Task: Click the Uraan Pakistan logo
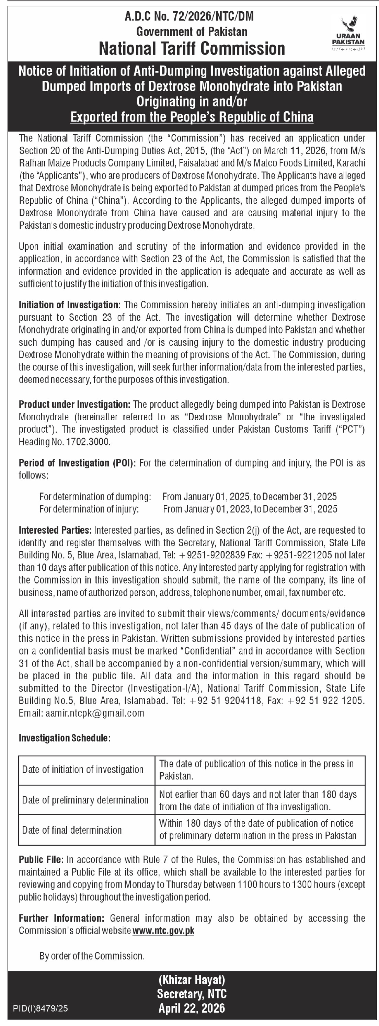[348, 34]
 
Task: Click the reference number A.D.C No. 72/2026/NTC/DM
[189, 16]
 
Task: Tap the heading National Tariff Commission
[192, 49]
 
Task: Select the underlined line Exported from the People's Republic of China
[192, 117]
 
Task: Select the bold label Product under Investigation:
[74, 404]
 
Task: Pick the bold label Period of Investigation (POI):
[77, 463]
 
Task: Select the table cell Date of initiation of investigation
[83, 769]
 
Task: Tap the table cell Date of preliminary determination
[85, 800]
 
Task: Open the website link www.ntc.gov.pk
[163, 931]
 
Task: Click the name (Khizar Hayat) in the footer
[192, 980]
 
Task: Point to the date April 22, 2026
[192, 1008]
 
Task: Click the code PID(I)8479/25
[41, 1008]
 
